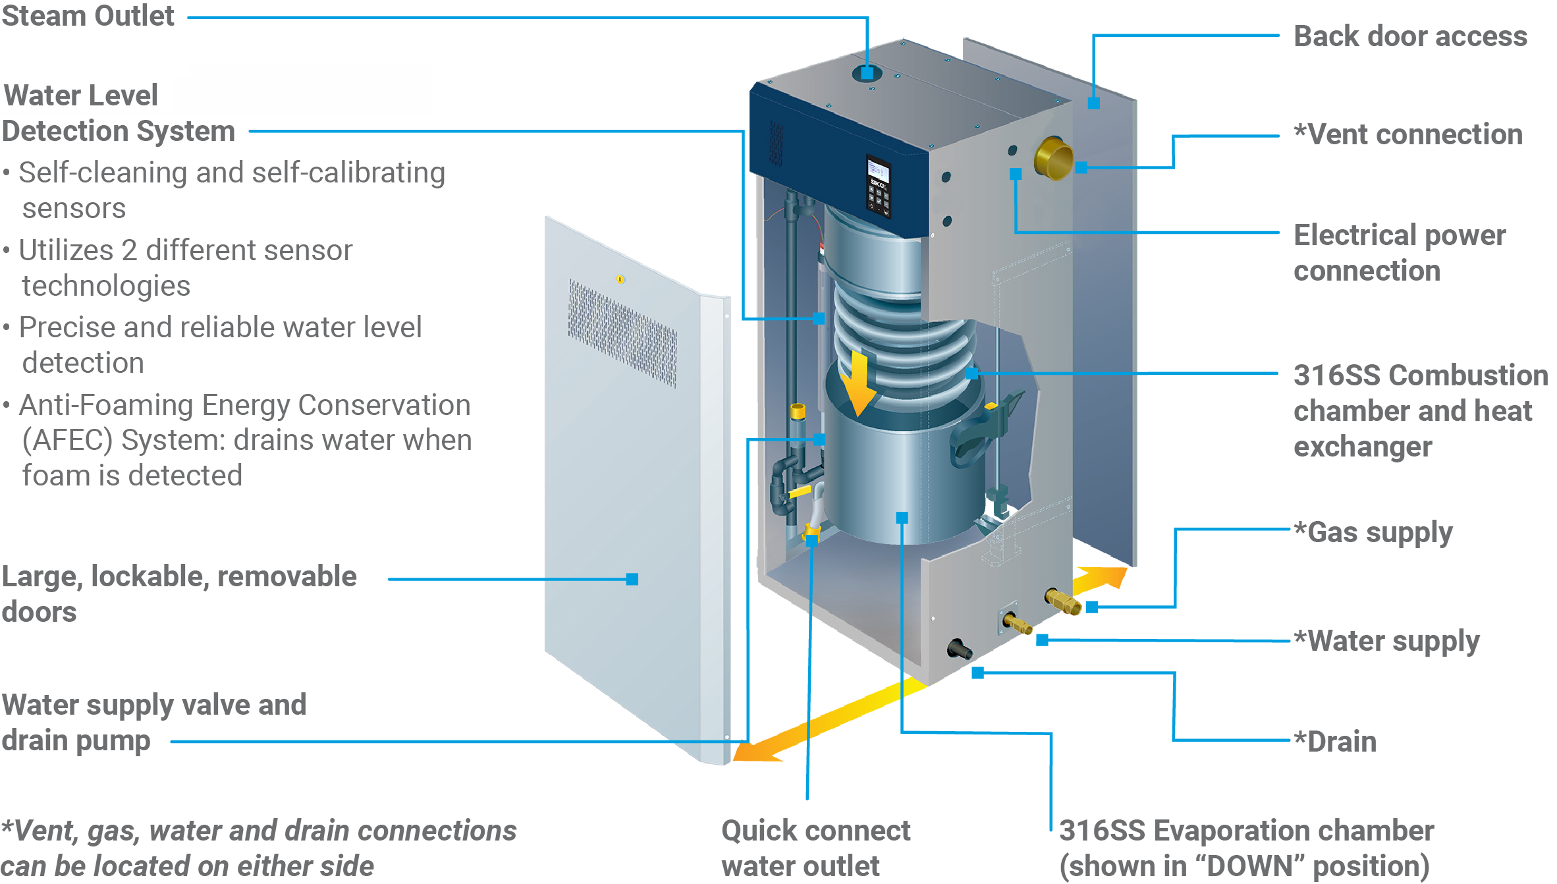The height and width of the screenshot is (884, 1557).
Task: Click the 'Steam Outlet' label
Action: [88, 16]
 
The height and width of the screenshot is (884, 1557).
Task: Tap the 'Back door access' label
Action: [1409, 36]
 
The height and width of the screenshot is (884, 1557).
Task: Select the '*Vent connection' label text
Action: [1408, 134]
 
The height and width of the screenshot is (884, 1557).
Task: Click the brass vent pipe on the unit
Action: [1054, 159]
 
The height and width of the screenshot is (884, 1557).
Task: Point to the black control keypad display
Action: [878, 186]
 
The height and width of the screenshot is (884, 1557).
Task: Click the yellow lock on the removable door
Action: [620, 279]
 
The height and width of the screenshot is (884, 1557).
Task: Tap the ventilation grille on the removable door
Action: [622, 333]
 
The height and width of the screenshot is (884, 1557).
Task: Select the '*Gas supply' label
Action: [1373, 532]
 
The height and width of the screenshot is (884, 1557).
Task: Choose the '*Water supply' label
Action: [1386, 641]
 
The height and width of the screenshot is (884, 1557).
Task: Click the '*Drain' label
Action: [1335, 742]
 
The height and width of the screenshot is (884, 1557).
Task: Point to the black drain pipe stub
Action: [960, 649]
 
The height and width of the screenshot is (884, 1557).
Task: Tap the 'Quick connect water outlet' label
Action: [815, 848]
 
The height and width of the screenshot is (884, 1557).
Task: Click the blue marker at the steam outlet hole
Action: [867, 73]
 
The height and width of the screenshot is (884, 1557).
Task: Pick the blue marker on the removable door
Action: [632, 579]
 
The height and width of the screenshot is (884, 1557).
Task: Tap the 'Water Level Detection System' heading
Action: [119, 113]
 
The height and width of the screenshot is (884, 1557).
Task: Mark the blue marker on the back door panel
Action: [1093, 103]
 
